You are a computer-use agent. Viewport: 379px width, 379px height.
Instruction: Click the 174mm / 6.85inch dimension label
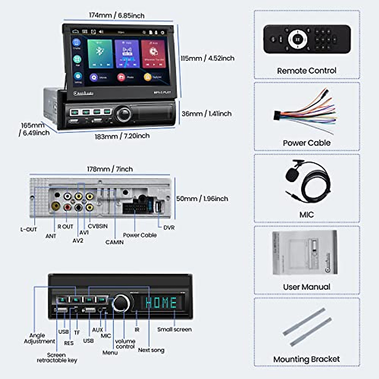coord(117,15)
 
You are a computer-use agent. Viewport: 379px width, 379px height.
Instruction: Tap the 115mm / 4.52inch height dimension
coord(208,58)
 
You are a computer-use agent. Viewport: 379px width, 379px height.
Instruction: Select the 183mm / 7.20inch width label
coord(122,136)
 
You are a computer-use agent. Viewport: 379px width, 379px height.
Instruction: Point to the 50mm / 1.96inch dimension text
coord(202,199)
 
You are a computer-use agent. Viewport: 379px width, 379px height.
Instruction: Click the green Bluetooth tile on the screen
coord(100,53)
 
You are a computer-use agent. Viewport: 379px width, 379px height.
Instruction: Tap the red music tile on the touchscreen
coord(153,53)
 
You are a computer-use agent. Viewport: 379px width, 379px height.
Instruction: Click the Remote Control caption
coord(306,71)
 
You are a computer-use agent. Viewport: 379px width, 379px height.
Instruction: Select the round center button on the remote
coord(297,39)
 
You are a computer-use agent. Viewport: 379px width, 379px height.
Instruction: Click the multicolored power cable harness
coord(305,112)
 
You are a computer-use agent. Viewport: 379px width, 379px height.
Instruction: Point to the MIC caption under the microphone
coord(306,215)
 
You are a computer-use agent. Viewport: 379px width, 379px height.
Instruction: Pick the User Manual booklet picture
coord(305,252)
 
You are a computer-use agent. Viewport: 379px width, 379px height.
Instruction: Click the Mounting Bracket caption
coord(306,359)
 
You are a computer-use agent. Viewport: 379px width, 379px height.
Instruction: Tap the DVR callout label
coord(169,228)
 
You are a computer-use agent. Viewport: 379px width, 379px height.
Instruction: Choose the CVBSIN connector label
coord(98,226)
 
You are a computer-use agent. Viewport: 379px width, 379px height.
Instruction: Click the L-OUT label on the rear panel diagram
coord(28,230)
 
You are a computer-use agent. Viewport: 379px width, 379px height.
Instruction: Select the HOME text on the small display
coord(161,303)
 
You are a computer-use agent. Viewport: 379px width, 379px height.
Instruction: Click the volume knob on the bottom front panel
coord(121,303)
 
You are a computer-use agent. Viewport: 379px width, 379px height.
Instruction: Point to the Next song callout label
coord(151,350)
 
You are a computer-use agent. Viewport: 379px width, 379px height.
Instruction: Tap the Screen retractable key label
coord(57,358)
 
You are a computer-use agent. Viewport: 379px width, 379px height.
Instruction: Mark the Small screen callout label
coord(174,329)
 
